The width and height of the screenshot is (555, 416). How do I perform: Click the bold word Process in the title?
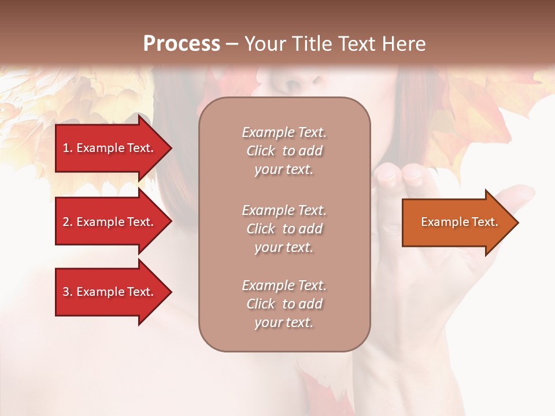pos(182,44)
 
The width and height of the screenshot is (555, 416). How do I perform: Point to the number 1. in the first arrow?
pos(68,148)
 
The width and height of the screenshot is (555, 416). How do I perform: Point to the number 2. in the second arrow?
pos(68,222)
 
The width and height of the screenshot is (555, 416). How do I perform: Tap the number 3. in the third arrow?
pos(68,292)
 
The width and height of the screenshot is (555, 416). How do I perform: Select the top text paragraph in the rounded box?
pos(284,151)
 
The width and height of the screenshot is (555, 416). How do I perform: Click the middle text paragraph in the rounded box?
pos(284,229)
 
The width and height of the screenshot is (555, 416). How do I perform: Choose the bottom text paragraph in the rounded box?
pos(284,304)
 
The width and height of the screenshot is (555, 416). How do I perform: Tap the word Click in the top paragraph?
pos(261,151)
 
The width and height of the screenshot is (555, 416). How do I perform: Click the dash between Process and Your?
pos(232,44)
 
